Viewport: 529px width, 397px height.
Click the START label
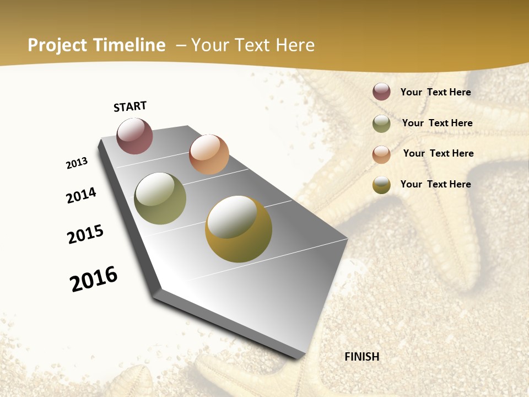[130, 106]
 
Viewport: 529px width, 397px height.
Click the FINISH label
[362, 357]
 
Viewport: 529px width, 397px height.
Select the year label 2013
[77, 163]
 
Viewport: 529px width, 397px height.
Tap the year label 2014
[82, 195]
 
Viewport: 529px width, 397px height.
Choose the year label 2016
[94, 279]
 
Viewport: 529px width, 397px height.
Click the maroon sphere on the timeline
[134, 136]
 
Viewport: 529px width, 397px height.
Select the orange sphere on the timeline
[209, 154]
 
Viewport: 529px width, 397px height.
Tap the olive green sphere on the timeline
[160, 198]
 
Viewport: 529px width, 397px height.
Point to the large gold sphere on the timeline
[239, 229]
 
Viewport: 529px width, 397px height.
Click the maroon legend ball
[381, 92]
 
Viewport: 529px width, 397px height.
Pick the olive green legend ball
[381, 124]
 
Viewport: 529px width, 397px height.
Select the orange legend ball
[381, 154]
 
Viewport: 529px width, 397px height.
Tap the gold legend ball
[381, 185]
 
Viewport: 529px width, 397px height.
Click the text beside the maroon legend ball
[435, 92]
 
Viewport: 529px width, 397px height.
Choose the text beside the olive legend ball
[437, 123]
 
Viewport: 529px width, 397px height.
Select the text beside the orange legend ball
[438, 153]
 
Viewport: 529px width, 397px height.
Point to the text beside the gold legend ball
[435, 184]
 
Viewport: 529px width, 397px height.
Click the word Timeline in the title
[129, 45]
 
